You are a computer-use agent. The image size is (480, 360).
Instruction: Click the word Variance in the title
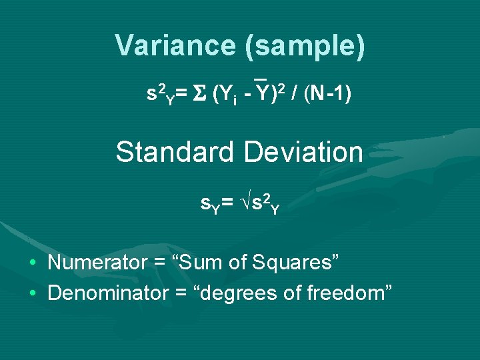tap(175, 46)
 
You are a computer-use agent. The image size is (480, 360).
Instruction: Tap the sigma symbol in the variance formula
tap(199, 95)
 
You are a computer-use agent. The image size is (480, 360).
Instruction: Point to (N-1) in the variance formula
tap(327, 95)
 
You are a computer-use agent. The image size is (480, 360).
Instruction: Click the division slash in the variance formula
tap(294, 95)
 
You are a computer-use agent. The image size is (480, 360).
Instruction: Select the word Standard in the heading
tap(175, 152)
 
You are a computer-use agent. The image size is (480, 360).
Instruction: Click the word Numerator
tap(97, 262)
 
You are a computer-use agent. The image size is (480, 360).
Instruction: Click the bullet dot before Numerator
tap(32, 263)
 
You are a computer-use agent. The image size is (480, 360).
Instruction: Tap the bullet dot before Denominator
tap(32, 292)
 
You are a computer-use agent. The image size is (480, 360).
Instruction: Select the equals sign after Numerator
tap(160, 263)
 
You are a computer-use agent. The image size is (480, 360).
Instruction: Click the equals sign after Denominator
tap(185, 292)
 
